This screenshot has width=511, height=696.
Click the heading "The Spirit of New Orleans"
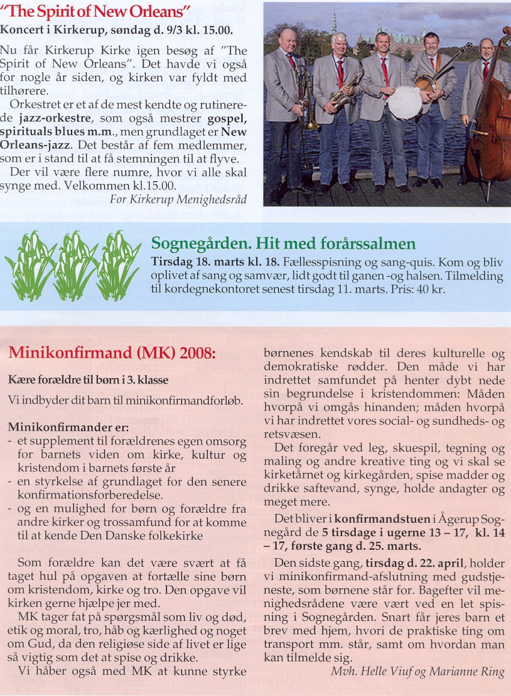[x=96, y=11]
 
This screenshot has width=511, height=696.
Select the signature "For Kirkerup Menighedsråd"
[x=179, y=199]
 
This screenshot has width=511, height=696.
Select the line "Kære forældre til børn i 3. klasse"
[x=88, y=380]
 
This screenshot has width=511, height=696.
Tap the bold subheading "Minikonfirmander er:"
[x=68, y=428]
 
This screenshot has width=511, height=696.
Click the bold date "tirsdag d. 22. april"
[x=414, y=563]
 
